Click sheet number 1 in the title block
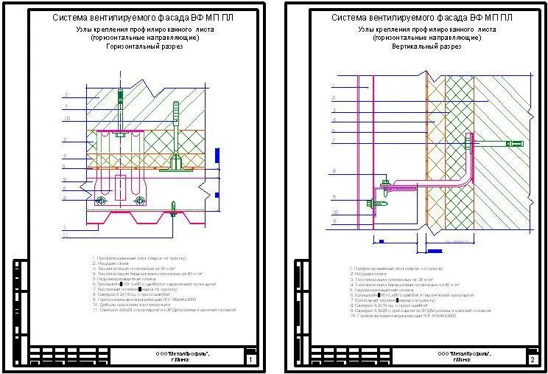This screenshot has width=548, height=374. click(250, 360)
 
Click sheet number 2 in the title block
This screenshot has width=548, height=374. click(532, 360)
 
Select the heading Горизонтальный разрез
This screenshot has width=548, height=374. click(138, 46)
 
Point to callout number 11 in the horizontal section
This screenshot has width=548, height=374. click(66, 235)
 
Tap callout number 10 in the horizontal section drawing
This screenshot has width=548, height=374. click(66, 118)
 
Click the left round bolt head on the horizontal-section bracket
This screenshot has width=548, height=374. click(102, 201)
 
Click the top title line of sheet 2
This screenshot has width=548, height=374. click(422, 17)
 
